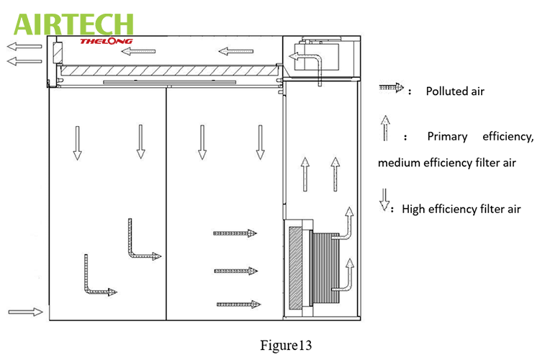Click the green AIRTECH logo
pyautogui.click(x=73, y=24)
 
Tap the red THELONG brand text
pyautogui.click(x=106, y=41)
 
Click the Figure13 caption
pyautogui.click(x=286, y=345)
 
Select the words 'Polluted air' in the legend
pyautogui.click(x=455, y=91)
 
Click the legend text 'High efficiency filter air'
pyautogui.click(x=461, y=209)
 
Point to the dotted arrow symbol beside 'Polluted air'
pyautogui.click(x=391, y=88)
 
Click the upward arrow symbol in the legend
pyautogui.click(x=385, y=128)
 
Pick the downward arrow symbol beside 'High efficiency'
pyautogui.click(x=384, y=199)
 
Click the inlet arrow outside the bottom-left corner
pyautogui.click(x=25, y=312)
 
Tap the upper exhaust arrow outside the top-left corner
pyautogui.click(x=24, y=46)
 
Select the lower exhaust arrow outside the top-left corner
pyautogui.click(x=24, y=61)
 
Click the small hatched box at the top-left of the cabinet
pyautogui.click(x=58, y=53)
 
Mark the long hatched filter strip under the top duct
pyautogui.click(x=169, y=71)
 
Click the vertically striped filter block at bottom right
pyautogui.click(x=325, y=268)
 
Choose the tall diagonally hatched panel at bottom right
pyautogui.click(x=295, y=268)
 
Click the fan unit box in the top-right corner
pyautogui.click(x=321, y=57)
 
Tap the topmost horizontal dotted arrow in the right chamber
pyautogui.click(x=235, y=233)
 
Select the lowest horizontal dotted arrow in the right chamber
pyautogui.click(x=238, y=304)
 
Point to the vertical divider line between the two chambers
pyautogui.click(x=166, y=204)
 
